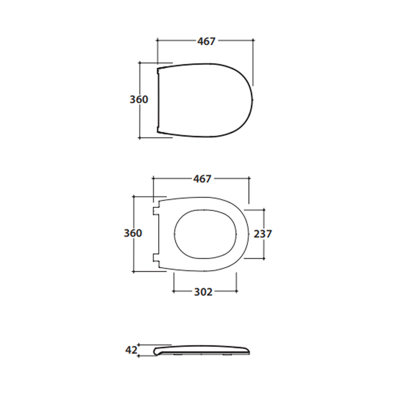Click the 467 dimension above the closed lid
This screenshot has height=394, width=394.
[x=206, y=41]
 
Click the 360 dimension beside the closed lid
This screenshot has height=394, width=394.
[x=139, y=99]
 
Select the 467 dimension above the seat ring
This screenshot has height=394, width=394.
[x=202, y=179]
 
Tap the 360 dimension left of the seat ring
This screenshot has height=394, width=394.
[x=133, y=233]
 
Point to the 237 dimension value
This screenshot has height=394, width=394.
[x=263, y=234]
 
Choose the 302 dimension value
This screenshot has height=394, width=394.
[x=203, y=292]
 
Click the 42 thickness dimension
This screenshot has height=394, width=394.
[x=131, y=350]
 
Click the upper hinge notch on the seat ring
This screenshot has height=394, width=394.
[x=156, y=211]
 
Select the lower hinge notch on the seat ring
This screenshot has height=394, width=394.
[x=156, y=258]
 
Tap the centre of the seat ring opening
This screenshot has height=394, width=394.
[x=205, y=234]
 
